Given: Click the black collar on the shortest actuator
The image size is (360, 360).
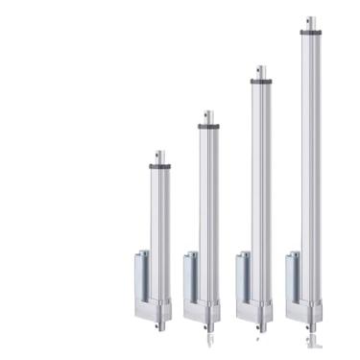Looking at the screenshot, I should (159, 167).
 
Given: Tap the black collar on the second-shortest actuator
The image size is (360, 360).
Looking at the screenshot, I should (208, 126).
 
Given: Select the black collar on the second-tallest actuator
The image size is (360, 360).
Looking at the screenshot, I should (260, 82).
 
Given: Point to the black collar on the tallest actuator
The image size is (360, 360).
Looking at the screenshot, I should (310, 32).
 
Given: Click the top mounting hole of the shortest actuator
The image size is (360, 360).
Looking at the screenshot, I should (160, 155).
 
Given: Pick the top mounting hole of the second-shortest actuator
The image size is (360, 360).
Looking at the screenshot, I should (209, 114).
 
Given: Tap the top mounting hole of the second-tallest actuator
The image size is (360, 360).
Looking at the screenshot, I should (260, 70).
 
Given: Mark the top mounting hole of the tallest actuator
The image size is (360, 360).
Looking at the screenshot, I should (310, 20).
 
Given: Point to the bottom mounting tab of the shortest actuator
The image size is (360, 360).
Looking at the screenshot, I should (158, 325).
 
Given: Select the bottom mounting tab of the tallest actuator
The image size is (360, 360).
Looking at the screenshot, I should (309, 331).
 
